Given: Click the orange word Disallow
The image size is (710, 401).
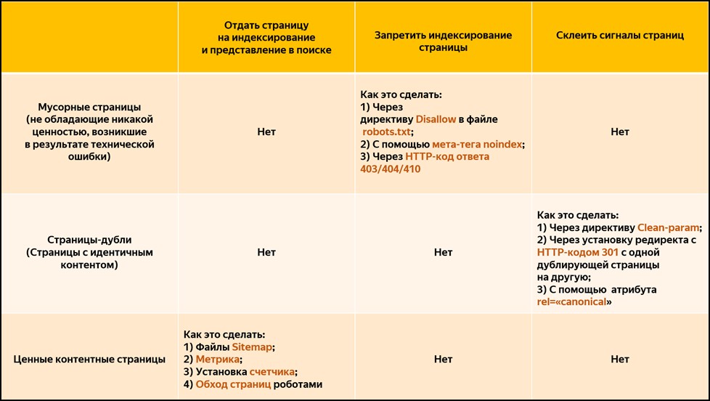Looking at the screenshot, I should [435, 119].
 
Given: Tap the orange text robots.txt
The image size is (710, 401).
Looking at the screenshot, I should [387, 131].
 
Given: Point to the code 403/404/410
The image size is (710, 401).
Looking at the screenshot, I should [390, 169].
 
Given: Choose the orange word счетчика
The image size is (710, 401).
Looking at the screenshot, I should [271, 372].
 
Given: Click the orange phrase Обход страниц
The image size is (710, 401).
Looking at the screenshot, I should [233, 384].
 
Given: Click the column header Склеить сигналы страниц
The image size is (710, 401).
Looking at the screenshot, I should [620, 35].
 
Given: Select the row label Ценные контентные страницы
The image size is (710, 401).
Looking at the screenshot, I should [89, 359].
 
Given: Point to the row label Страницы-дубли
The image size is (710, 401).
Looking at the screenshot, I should [89, 239].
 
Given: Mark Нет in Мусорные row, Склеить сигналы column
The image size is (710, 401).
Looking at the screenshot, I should [620, 132].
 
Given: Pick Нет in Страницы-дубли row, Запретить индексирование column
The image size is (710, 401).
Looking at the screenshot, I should [443, 252].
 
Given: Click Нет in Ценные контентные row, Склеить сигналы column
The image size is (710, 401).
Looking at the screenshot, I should [620, 359].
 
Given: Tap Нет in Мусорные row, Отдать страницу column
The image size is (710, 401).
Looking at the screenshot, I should [266, 132].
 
